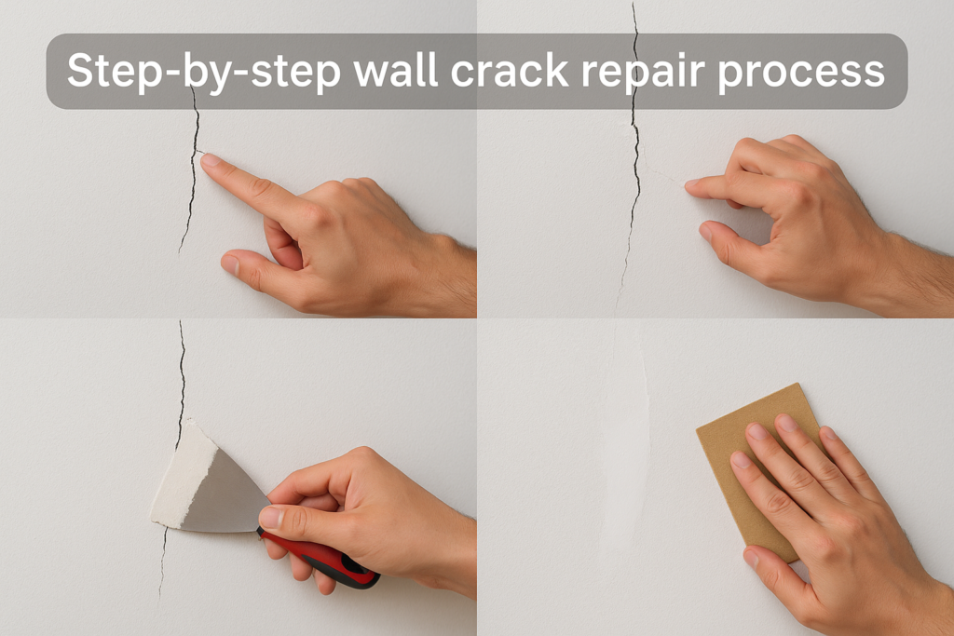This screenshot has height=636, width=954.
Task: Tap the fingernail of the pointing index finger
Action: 211,160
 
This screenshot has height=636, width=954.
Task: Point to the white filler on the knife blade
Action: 183,475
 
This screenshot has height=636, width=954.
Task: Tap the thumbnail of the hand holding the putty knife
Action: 271,518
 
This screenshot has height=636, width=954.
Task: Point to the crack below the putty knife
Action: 163,562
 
